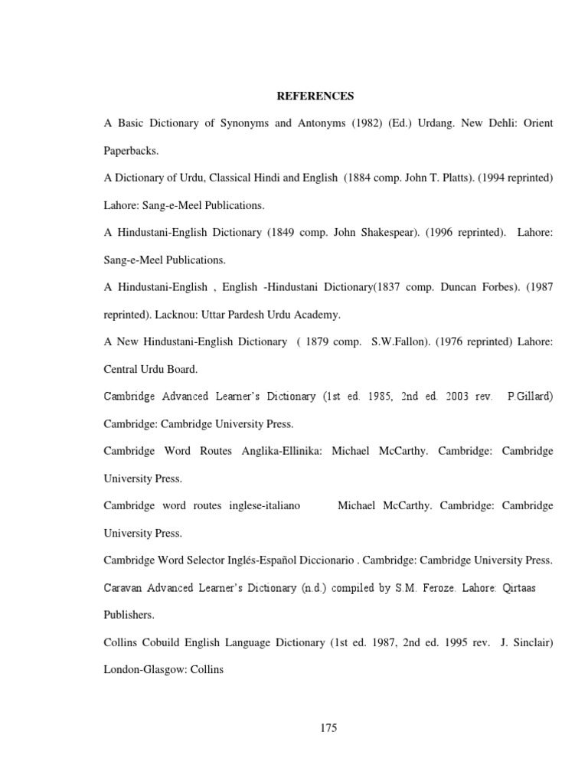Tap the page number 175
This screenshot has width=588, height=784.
328,727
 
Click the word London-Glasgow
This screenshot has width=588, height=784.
148,670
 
